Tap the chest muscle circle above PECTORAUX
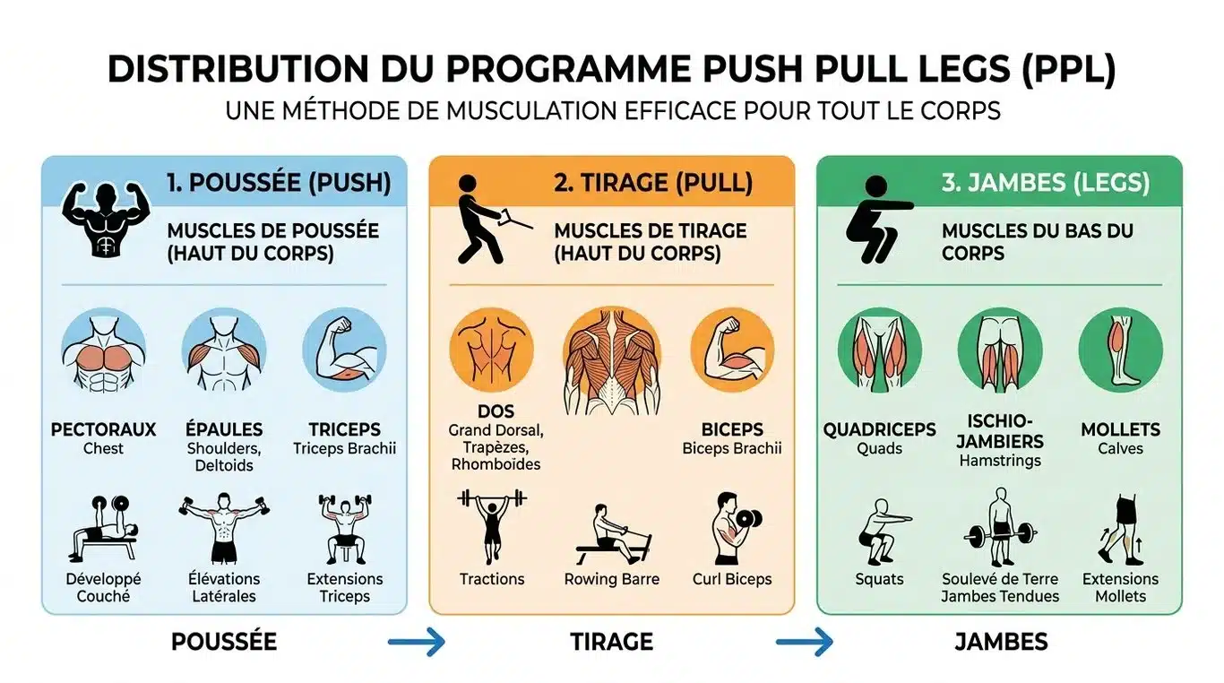pos(103,350)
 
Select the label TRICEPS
pos(344,429)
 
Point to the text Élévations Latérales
pos(224,587)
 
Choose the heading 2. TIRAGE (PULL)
pos(652,183)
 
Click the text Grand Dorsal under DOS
pos(496,430)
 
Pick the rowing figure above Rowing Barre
pos(611,534)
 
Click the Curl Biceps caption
pos(731,579)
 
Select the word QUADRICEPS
pos(879,429)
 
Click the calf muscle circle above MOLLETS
pos(1120,350)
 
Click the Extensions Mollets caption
pos(1120,587)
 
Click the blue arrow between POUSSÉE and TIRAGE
pos(417,642)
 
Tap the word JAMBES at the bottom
pos(1000,642)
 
